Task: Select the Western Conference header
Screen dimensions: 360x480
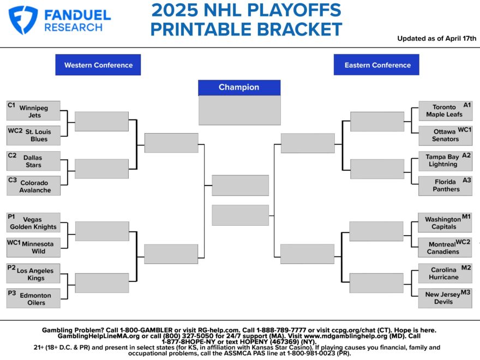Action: point(98,65)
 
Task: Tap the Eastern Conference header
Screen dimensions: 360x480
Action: point(377,65)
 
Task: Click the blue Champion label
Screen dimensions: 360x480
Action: point(239,87)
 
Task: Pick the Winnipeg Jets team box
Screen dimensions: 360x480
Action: point(34,111)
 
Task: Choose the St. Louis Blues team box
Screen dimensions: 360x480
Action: point(34,135)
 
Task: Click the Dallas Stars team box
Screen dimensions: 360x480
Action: point(34,161)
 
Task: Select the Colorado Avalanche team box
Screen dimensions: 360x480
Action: point(34,186)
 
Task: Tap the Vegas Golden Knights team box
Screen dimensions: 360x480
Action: point(34,223)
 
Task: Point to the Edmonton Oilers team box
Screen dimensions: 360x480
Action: point(34,299)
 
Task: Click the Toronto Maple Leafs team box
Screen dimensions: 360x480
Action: point(445,111)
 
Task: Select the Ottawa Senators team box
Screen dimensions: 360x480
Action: point(445,135)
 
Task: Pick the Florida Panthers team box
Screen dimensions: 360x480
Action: point(445,185)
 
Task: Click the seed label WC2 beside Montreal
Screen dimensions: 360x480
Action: point(463,242)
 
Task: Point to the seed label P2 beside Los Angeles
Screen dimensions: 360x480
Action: point(11,267)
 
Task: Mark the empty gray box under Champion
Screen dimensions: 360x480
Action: point(239,111)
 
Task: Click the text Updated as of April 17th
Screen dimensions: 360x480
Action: point(436,38)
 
